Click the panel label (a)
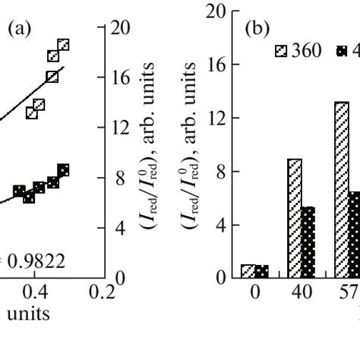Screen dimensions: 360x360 pos(18,30)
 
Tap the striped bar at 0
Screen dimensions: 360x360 pos(248,271)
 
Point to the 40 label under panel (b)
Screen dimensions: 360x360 pos(302,292)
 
